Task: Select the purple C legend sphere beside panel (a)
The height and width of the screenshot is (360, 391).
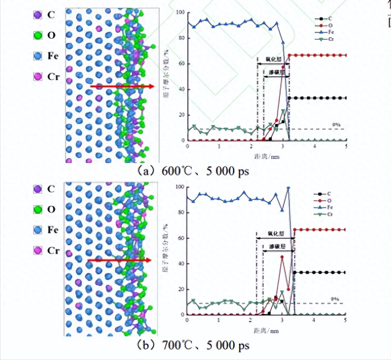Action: [x=37, y=14]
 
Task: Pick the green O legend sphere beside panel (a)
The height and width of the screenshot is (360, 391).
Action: [x=37, y=35]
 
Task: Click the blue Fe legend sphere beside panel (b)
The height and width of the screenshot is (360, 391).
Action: [x=37, y=230]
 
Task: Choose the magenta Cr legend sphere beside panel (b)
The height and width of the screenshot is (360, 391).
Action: [x=37, y=251]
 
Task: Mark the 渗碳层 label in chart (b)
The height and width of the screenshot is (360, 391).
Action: [x=277, y=246]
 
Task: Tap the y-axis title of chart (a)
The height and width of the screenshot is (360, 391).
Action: [x=170, y=77]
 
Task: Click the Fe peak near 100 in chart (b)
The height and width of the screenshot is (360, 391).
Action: [x=289, y=187]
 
